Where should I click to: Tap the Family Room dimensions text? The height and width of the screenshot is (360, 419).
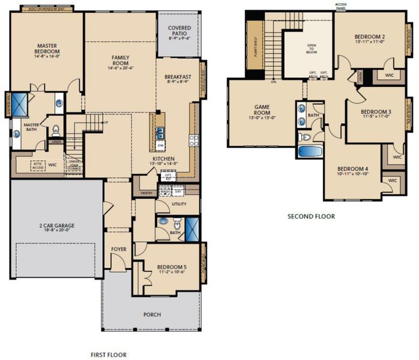click(120, 68)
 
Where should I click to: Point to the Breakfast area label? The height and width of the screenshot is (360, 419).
click(178, 77)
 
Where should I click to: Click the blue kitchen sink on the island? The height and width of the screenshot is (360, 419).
click(160, 133)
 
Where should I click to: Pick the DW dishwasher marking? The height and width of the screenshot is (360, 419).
click(160, 146)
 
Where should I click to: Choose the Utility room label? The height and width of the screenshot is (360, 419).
click(178, 204)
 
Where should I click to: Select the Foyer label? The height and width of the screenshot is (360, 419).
click(118, 248)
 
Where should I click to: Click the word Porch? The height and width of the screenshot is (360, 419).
click(151, 314)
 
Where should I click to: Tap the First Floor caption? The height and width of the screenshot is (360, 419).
click(108, 355)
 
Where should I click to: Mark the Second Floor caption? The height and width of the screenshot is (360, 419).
click(311, 216)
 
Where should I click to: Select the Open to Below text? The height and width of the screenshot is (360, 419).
click(312, 48)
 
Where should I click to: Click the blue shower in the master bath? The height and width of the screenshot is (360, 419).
click(19, 104)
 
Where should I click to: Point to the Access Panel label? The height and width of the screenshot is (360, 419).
click(340, 6)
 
